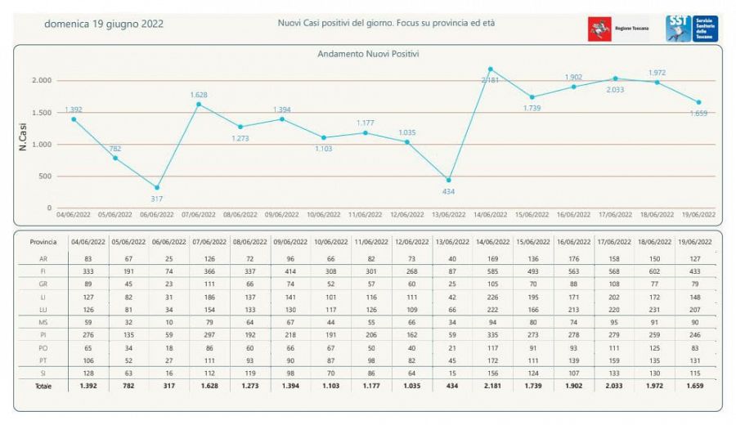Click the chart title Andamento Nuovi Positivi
pyautogui.click(x=367, y=54)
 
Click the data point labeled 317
pyautogui.click(x=157, y=187)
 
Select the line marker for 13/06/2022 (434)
pyautogui.click(x=448, y=179)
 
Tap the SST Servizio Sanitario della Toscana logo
pyautogui.click(x=692, y=29)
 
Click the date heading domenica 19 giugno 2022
pyautogui.click(x=103, y=24)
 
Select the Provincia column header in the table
pyautogui.click(x=43, y=242)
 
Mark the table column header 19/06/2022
pyautogui.click(x=697, y=242)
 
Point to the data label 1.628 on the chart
pyautogui.click(x=199, y=95)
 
